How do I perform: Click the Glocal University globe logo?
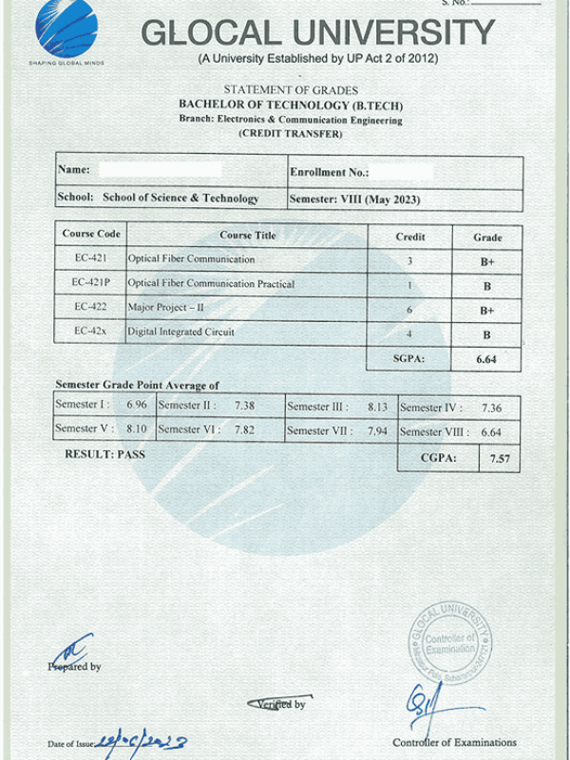pos(66,29)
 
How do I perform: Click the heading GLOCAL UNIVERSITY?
pos(318,33)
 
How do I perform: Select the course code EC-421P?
pos(91,283)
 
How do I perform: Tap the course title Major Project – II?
pos(167,308)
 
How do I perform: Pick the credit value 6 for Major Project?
pos(409,310)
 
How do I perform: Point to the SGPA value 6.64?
pos(486,360)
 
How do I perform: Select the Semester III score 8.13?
pos(377,407)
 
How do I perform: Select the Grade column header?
pos(487,237)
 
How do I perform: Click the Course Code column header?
pos(91,234)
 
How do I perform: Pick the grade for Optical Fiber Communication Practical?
pos(486,286)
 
